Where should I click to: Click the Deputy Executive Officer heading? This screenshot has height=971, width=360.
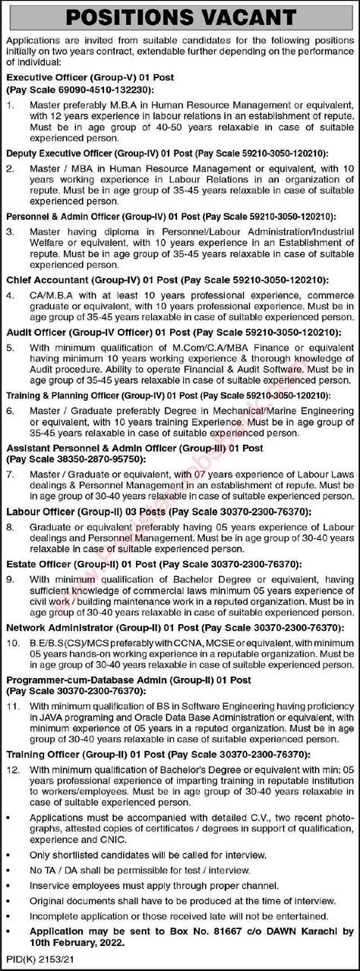(x=92, y=151)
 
